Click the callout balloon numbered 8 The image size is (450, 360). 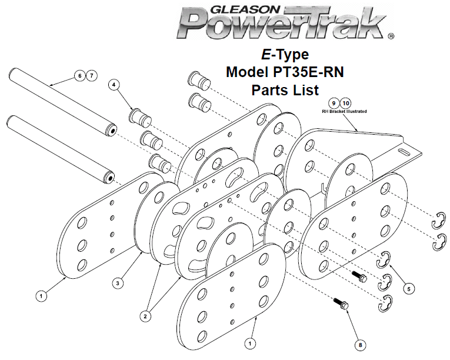pyautogui.click(x=360, y=345)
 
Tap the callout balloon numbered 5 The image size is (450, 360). pyautogui.click(x=409, y=288)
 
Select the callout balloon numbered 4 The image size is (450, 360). pyautogui.click(x=114, y=85)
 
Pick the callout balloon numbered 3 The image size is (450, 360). pyautogui.click(x=118, y=283)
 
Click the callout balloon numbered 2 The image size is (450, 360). pyautogui.click(x=145, y=316)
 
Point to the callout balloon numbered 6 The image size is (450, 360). pyautogui.click(x=79, y=75)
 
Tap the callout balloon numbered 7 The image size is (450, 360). pyautogui.click(x=91, y=75)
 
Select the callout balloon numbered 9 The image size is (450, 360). pyautogui.click(x=334, y=104)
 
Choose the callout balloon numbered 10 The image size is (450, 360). pyautogui.click(x=346, y=104)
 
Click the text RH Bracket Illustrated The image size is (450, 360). pyautogui.click(x=344, y=111)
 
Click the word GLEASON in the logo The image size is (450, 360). pyautogui.click(x=245, y=9)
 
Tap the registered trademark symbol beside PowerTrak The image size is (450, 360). pyautogui.click(x=391, y=36)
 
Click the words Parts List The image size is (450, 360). pyautogui.click(x=285, y=90)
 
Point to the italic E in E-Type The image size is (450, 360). pyautogui.click(x=266, y=55)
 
